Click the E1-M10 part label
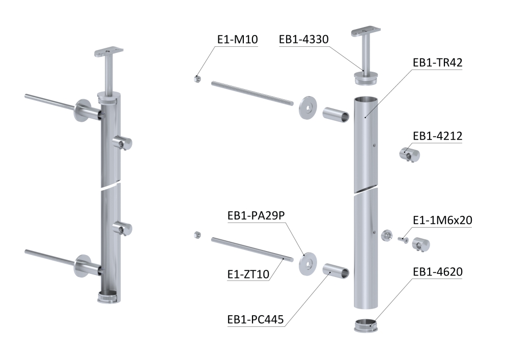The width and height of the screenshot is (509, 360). click(237, 39)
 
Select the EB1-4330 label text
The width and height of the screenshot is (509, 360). click(304, 39)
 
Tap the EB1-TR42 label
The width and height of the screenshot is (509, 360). click(438, 62)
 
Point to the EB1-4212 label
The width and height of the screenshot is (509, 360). click(438, 135)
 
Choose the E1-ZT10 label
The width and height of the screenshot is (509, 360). click(248, 274)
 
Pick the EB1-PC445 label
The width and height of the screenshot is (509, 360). click(256, 319)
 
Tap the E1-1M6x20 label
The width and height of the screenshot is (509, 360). click(442, 220)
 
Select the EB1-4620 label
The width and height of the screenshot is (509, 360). click(438, 272)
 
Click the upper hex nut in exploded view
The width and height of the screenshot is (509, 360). click(196, 79)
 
